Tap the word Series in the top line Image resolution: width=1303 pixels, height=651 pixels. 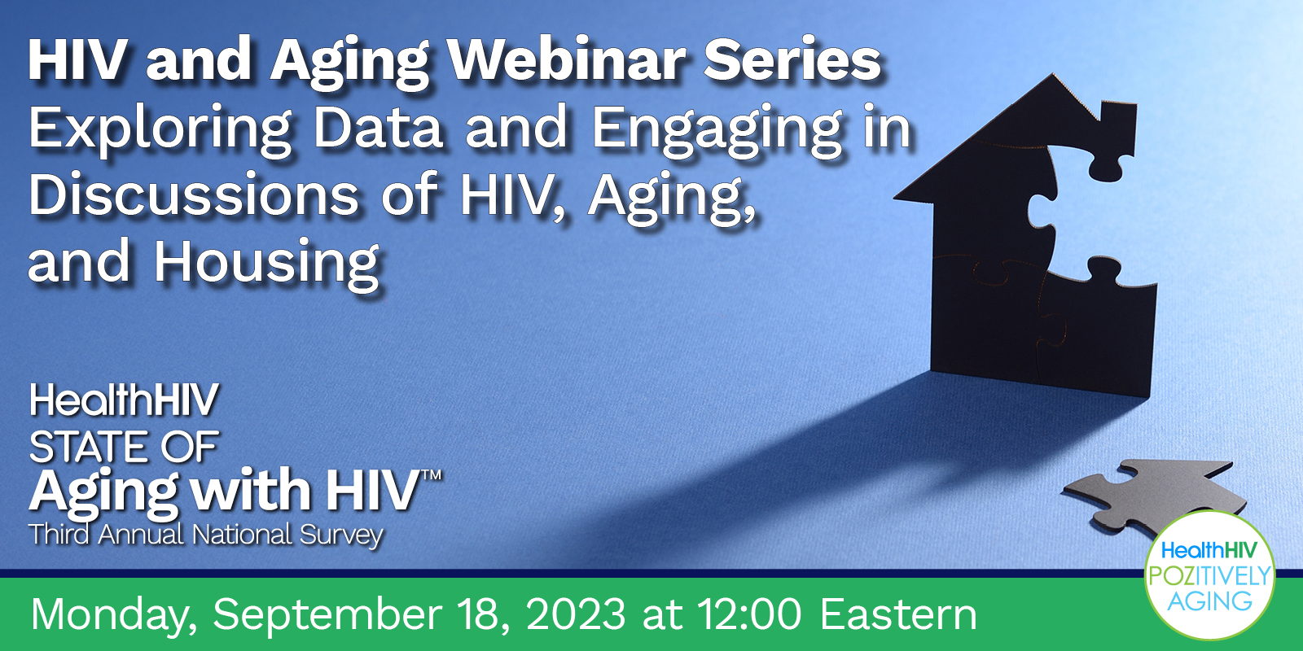point(792,60)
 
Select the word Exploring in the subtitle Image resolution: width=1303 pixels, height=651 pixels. point(160,129)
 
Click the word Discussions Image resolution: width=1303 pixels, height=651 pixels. point(195,195)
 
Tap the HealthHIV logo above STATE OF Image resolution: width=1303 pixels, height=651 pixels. point(124,400)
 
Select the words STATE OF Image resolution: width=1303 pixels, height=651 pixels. point(124,447)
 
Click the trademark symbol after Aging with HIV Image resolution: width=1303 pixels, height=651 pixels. point(431,475)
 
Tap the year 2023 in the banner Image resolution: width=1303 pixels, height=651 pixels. point(575,615)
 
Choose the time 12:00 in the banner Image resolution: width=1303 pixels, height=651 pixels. point(750,615)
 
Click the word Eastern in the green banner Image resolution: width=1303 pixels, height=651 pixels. point(899,615)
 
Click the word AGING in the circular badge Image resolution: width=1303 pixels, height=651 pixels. point(1210,601)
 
